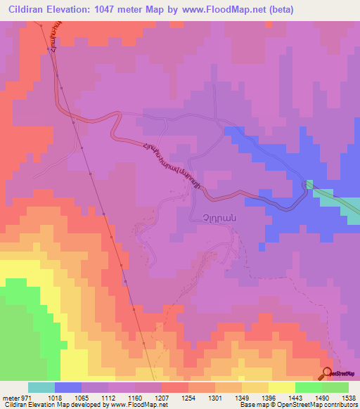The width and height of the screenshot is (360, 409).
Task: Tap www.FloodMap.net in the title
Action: [221, 10]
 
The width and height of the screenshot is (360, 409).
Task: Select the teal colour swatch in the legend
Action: [41, 387]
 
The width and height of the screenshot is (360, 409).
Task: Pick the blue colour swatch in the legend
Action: [68, 387]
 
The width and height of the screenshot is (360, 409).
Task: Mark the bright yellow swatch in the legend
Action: [282, 387]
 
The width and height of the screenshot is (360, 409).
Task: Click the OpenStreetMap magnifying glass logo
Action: [326, 373]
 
